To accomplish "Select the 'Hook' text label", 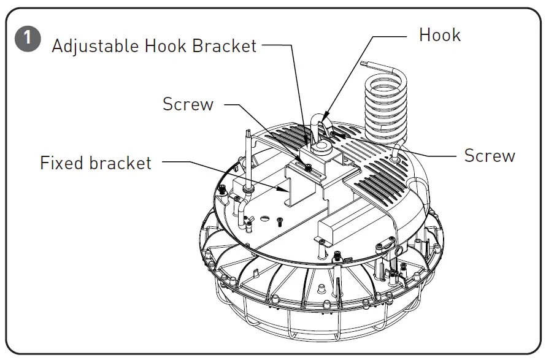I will (439, 35).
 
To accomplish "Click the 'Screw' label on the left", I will (188, 104).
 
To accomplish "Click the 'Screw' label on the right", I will (489, 156).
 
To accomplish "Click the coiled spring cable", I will (385, 104).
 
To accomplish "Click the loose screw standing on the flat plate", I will (279, 221).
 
